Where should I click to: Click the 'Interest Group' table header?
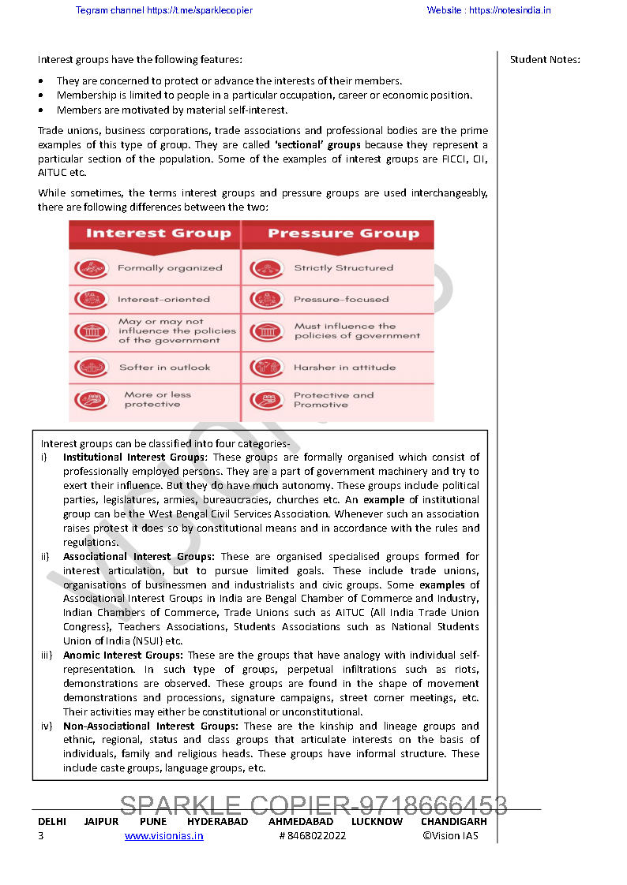[158, 233]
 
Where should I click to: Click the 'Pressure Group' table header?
[343, 233]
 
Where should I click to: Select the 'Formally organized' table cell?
[170, 268]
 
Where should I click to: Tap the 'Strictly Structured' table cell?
[343, 268]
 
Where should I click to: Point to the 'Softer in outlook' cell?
[164, 368]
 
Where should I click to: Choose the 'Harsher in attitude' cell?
[344, 368]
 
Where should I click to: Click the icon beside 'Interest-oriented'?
[91, 300]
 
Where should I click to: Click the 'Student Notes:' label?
[545, 60]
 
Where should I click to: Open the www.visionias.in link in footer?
[163, 836]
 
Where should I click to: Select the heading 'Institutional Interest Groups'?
[134, 457]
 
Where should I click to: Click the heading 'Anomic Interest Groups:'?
[123, 655]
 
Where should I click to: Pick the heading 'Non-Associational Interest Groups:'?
[151, 726]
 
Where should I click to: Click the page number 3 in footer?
[41, 836]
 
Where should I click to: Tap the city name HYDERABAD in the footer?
[217, 822]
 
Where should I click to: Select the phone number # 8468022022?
[312, 836]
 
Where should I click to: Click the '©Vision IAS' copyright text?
[450, 836]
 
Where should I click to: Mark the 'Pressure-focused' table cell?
[341, 300]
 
